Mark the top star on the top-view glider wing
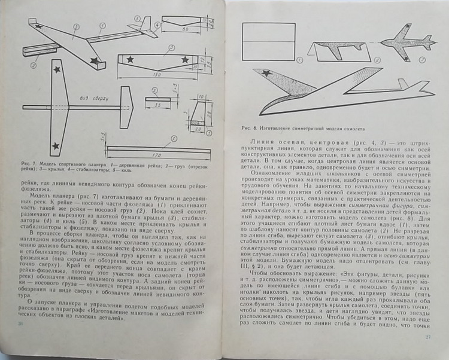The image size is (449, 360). tap(57, 71)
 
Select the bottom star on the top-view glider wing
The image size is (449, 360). tap(56, 144)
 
